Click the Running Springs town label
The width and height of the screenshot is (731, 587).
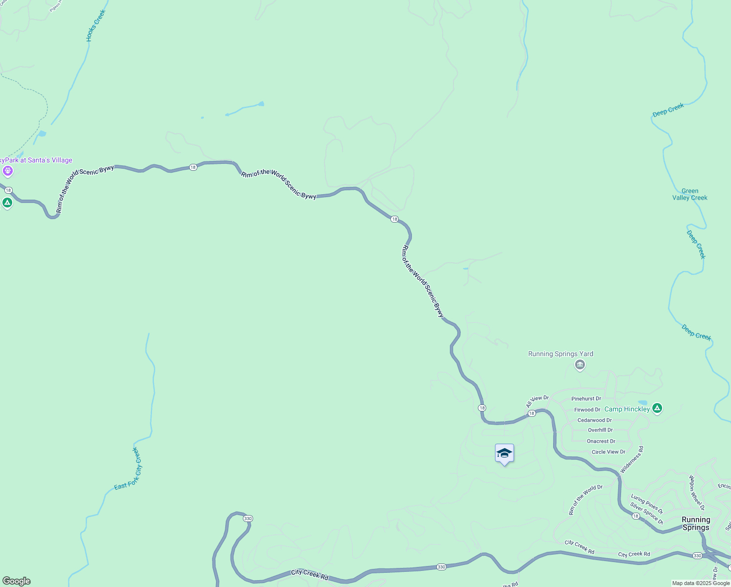click(696, 523)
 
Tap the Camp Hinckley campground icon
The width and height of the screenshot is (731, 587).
click(657, 408)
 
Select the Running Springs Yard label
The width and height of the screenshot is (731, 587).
click(560, 354)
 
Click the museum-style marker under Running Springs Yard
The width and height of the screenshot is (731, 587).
click(580, 365)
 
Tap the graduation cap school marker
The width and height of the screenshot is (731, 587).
click(504, 454)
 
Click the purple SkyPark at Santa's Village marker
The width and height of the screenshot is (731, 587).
click(7, 171)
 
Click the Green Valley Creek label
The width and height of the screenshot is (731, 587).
click(690, 194)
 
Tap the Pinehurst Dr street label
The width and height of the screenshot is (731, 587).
click(586, 399)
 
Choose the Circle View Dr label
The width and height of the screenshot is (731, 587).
click(608, 452)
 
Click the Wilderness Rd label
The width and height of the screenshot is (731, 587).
click(632, 460)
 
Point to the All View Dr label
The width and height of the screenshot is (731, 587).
click(537, 402)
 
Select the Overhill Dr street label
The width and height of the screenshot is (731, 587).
click(600, 430)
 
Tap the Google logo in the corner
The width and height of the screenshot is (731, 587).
click(17, 581)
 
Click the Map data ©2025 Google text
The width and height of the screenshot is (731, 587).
click(700, 583)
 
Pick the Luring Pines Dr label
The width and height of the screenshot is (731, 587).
click(646, 504)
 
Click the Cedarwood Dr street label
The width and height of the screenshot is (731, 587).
click(594, 420)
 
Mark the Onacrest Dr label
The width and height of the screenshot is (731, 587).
click(601, 441)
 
